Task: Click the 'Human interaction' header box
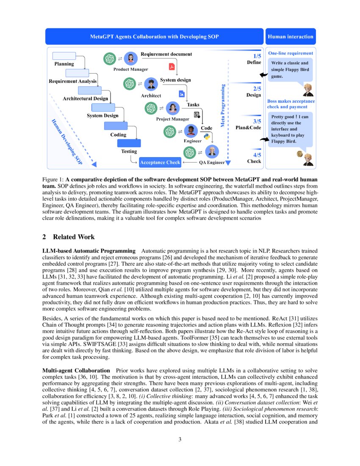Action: (x=291, y=37)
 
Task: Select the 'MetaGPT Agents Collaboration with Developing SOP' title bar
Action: (x=154, y=37)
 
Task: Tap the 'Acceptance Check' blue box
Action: (x=160, y=162)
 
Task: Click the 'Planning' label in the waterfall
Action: (x=64, y=64)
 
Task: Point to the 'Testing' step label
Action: (x=129, y=151)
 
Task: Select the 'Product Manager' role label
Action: (x=130, y=69)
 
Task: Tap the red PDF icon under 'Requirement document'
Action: (x=172, y=66)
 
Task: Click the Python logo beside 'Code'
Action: (x=207, y=136)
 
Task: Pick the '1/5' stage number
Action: (x=257, y=55)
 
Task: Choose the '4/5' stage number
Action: (x=257, y=155)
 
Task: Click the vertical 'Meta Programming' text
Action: (x=222, y=105)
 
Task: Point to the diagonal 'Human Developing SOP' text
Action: (x=67, y=141)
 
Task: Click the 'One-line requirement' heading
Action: (x=291, y=53)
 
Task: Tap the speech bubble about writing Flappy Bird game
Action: (x=290, y=70)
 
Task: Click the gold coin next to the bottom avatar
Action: (x=300, y=154)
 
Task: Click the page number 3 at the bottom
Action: (x=180, y=439)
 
